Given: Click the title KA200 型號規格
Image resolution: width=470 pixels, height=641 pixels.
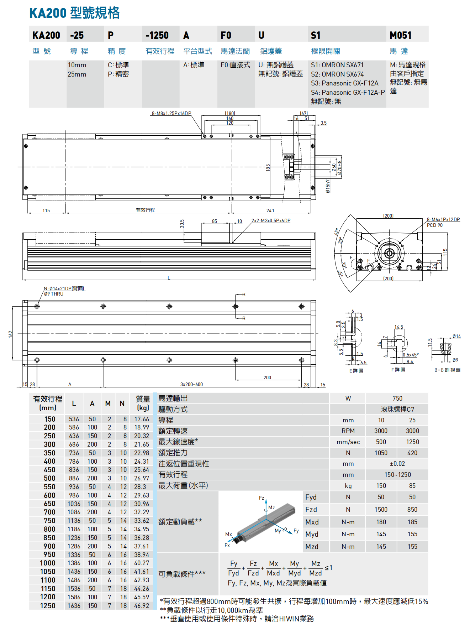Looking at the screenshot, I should (74, 13).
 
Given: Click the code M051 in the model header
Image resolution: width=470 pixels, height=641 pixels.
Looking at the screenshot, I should (400, 35).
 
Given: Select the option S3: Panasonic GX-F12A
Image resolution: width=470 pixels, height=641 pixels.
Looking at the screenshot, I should (344, 83).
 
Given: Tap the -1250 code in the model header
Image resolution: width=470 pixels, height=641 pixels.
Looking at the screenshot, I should (157, 35).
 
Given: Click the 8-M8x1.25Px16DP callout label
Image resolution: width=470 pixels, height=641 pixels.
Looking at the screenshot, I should (171, 113).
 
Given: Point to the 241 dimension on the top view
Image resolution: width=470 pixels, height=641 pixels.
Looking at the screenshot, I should (270, 210).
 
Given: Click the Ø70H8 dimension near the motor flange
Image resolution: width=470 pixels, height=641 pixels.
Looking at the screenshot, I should (339, 167).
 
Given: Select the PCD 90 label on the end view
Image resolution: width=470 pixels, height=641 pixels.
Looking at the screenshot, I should (434, 225).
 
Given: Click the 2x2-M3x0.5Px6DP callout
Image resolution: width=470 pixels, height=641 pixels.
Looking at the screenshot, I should (271, 221).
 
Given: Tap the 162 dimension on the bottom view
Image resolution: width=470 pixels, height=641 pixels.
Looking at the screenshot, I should (11, 333).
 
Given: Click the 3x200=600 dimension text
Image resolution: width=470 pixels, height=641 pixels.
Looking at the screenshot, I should (191, 384).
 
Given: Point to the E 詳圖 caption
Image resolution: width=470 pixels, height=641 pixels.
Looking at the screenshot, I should (356, 371).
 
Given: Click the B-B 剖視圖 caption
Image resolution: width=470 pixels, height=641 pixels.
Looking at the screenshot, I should (447, 370).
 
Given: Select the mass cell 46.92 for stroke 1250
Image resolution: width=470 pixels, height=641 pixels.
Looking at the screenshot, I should (142, 605).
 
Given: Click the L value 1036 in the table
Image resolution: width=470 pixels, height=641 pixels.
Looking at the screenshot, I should (74, 504).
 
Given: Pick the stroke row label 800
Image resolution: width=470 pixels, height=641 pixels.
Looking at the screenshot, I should (49, 529).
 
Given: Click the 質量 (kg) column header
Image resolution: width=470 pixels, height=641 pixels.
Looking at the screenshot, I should (143, 403).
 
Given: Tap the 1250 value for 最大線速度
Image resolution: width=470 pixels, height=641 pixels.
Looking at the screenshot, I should (412, 442).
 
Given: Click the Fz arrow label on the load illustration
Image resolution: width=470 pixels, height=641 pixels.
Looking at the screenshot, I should (262, 498).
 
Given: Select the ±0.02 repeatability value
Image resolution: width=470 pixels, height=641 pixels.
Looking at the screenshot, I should (397, 464).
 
